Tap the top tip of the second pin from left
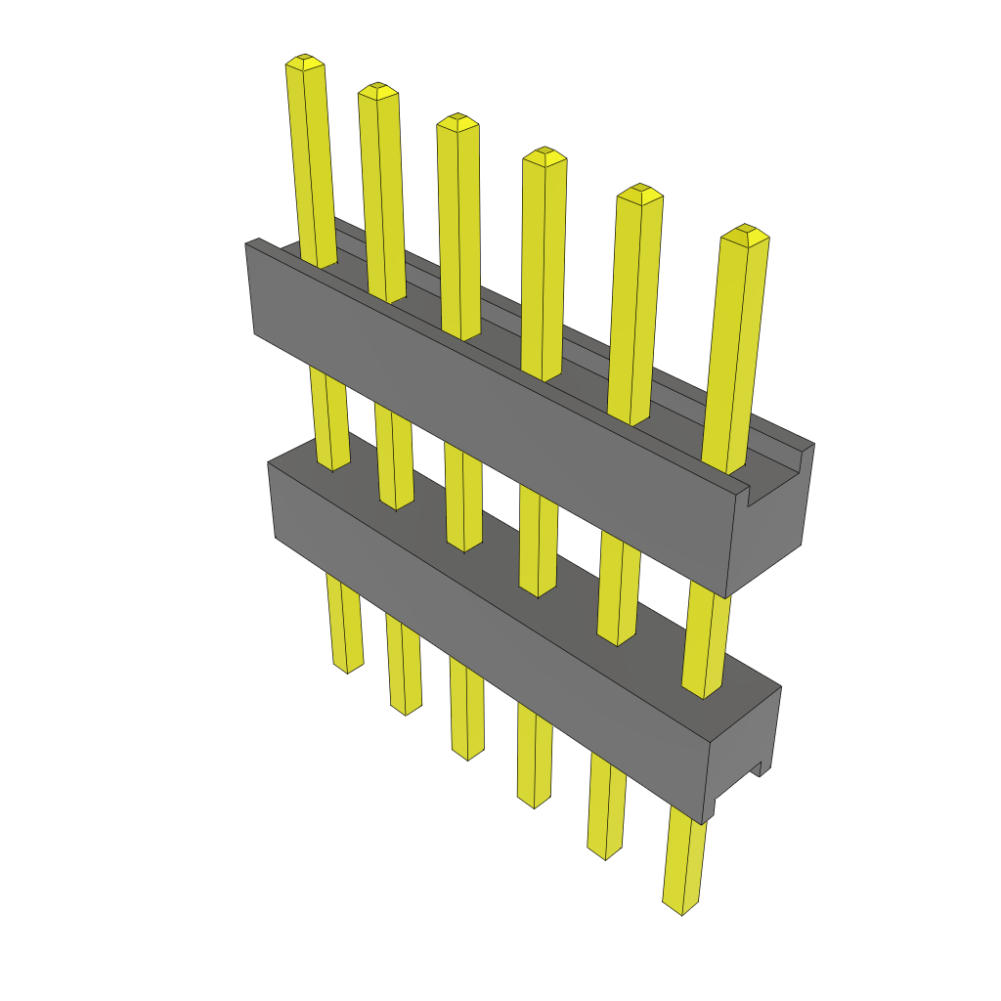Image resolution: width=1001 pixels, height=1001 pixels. click(378, 90)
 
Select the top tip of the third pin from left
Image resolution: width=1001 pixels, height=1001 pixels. click(457, 121)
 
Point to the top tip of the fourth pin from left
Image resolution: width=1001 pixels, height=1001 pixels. click(544, 154)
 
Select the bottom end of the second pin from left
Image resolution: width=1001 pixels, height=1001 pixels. click(406, 709)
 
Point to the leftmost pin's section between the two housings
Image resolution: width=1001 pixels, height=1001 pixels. click(328, 415)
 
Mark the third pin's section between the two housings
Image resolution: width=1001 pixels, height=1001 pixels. click(463, 494)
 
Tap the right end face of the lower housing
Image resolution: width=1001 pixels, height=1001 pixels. click(743, 753)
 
